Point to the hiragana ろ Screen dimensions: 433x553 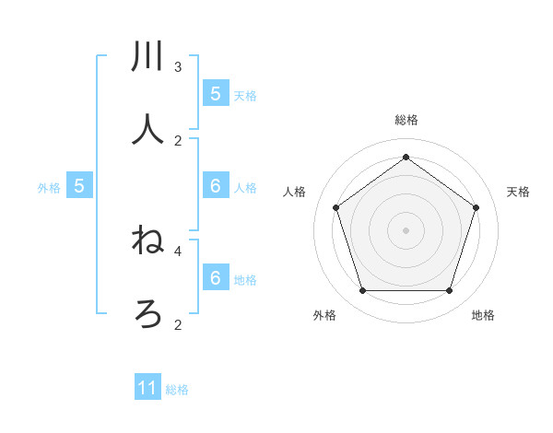coord(148,314)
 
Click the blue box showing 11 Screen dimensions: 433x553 coord(147,388)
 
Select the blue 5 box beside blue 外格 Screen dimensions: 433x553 coord(79,186)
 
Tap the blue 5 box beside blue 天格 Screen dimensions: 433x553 coord(215,93)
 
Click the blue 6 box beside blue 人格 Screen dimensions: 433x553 coord(215,186)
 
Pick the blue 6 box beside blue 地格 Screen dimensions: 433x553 coord(215,278)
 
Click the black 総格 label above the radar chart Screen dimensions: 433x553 coord(406,120)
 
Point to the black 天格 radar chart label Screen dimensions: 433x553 coord(518,192)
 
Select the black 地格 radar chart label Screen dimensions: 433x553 coord(483,315)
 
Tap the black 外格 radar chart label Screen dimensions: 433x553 coord(324,315)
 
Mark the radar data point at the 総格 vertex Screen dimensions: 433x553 coord(406,157)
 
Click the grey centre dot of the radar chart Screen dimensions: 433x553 coord(406,229)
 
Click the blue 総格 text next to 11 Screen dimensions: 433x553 coord(177,390)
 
